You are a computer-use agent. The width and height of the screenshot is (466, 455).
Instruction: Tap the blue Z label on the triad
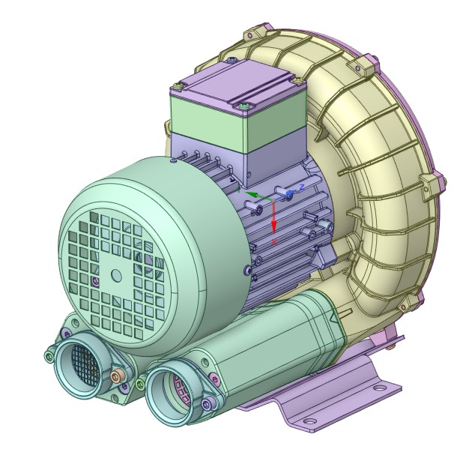coord(301,186)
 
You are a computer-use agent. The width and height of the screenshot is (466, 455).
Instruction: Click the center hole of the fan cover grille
coord(115,276)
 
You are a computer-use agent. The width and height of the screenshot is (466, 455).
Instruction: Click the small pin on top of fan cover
coord(173,159)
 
